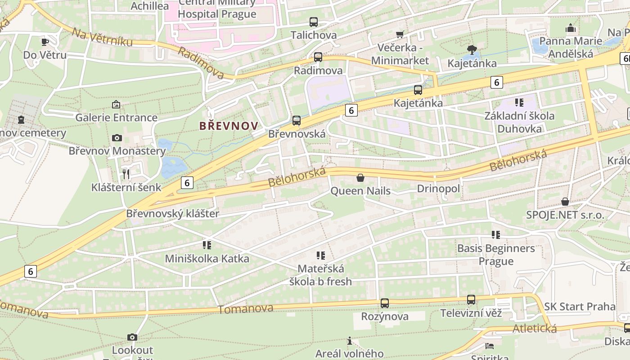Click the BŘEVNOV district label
[229, 126]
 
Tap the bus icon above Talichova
[314, 22]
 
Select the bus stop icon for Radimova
[318, 57]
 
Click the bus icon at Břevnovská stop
[296, 120]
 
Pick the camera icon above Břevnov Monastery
[117, 138]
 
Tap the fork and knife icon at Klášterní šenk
[126, 174]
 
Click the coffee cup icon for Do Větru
[45, 42]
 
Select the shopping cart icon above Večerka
[400, 34]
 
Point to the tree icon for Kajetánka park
[472, 49]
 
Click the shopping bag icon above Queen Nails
[360, 178]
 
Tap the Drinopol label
[438, 189]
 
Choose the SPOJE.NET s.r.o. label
[565, 215]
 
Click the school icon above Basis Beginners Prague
[496, 234]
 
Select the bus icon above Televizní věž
[471, 299]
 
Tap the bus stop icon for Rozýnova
[384, 303]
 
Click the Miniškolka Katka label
[207, 259]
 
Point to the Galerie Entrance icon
[116, 104]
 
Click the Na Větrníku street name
[103, 37]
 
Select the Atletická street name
[534, 328]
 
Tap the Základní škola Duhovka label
[519, 122]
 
